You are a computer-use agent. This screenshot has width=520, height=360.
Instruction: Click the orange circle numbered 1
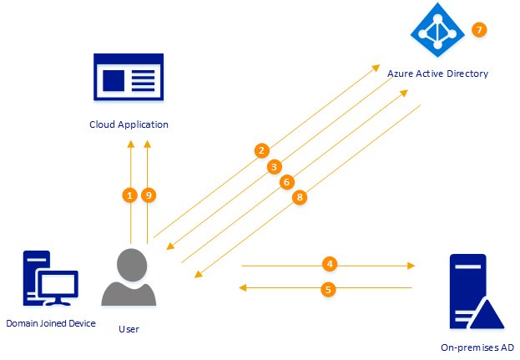pyautogui.click(x=129, y=195)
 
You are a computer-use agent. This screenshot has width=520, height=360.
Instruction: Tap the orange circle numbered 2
pyautogui.click(x=261, y=150)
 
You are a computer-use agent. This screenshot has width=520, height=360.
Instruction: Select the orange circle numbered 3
pyautogui.click(x=273, y=166)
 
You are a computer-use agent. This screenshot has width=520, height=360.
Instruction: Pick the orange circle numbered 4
pyautogui.click(x=330, y=264)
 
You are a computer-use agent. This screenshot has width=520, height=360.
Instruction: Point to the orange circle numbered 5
pyautogui.click(x=328, y=288)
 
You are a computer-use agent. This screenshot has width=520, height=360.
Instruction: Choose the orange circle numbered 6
pyautogui.click(x=286, y=181)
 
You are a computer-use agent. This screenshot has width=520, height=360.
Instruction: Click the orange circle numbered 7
pyautogui.click(x=478, y=30)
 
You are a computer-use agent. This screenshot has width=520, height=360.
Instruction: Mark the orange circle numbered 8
pyautogui.click(x=300, y=197)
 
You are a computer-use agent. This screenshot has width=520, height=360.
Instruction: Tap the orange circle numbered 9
pyautogui.click(x=149, y=195)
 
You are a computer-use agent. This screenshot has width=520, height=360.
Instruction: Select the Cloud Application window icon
pyautogui.click(x=129, y=79)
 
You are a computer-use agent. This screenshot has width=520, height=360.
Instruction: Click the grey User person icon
pyautogui.click(x=129, y=276)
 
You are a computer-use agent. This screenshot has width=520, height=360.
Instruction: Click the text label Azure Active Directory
pyautogui.click(x=437, y=74)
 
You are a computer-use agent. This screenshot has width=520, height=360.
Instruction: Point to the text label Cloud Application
pyautogui.click(x=129, y=124)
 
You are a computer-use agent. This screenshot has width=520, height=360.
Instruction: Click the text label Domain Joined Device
pyautogui.click(x=51, y=323)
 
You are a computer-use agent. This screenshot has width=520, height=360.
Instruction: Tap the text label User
pyautogui.click(x=129, y=328)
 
